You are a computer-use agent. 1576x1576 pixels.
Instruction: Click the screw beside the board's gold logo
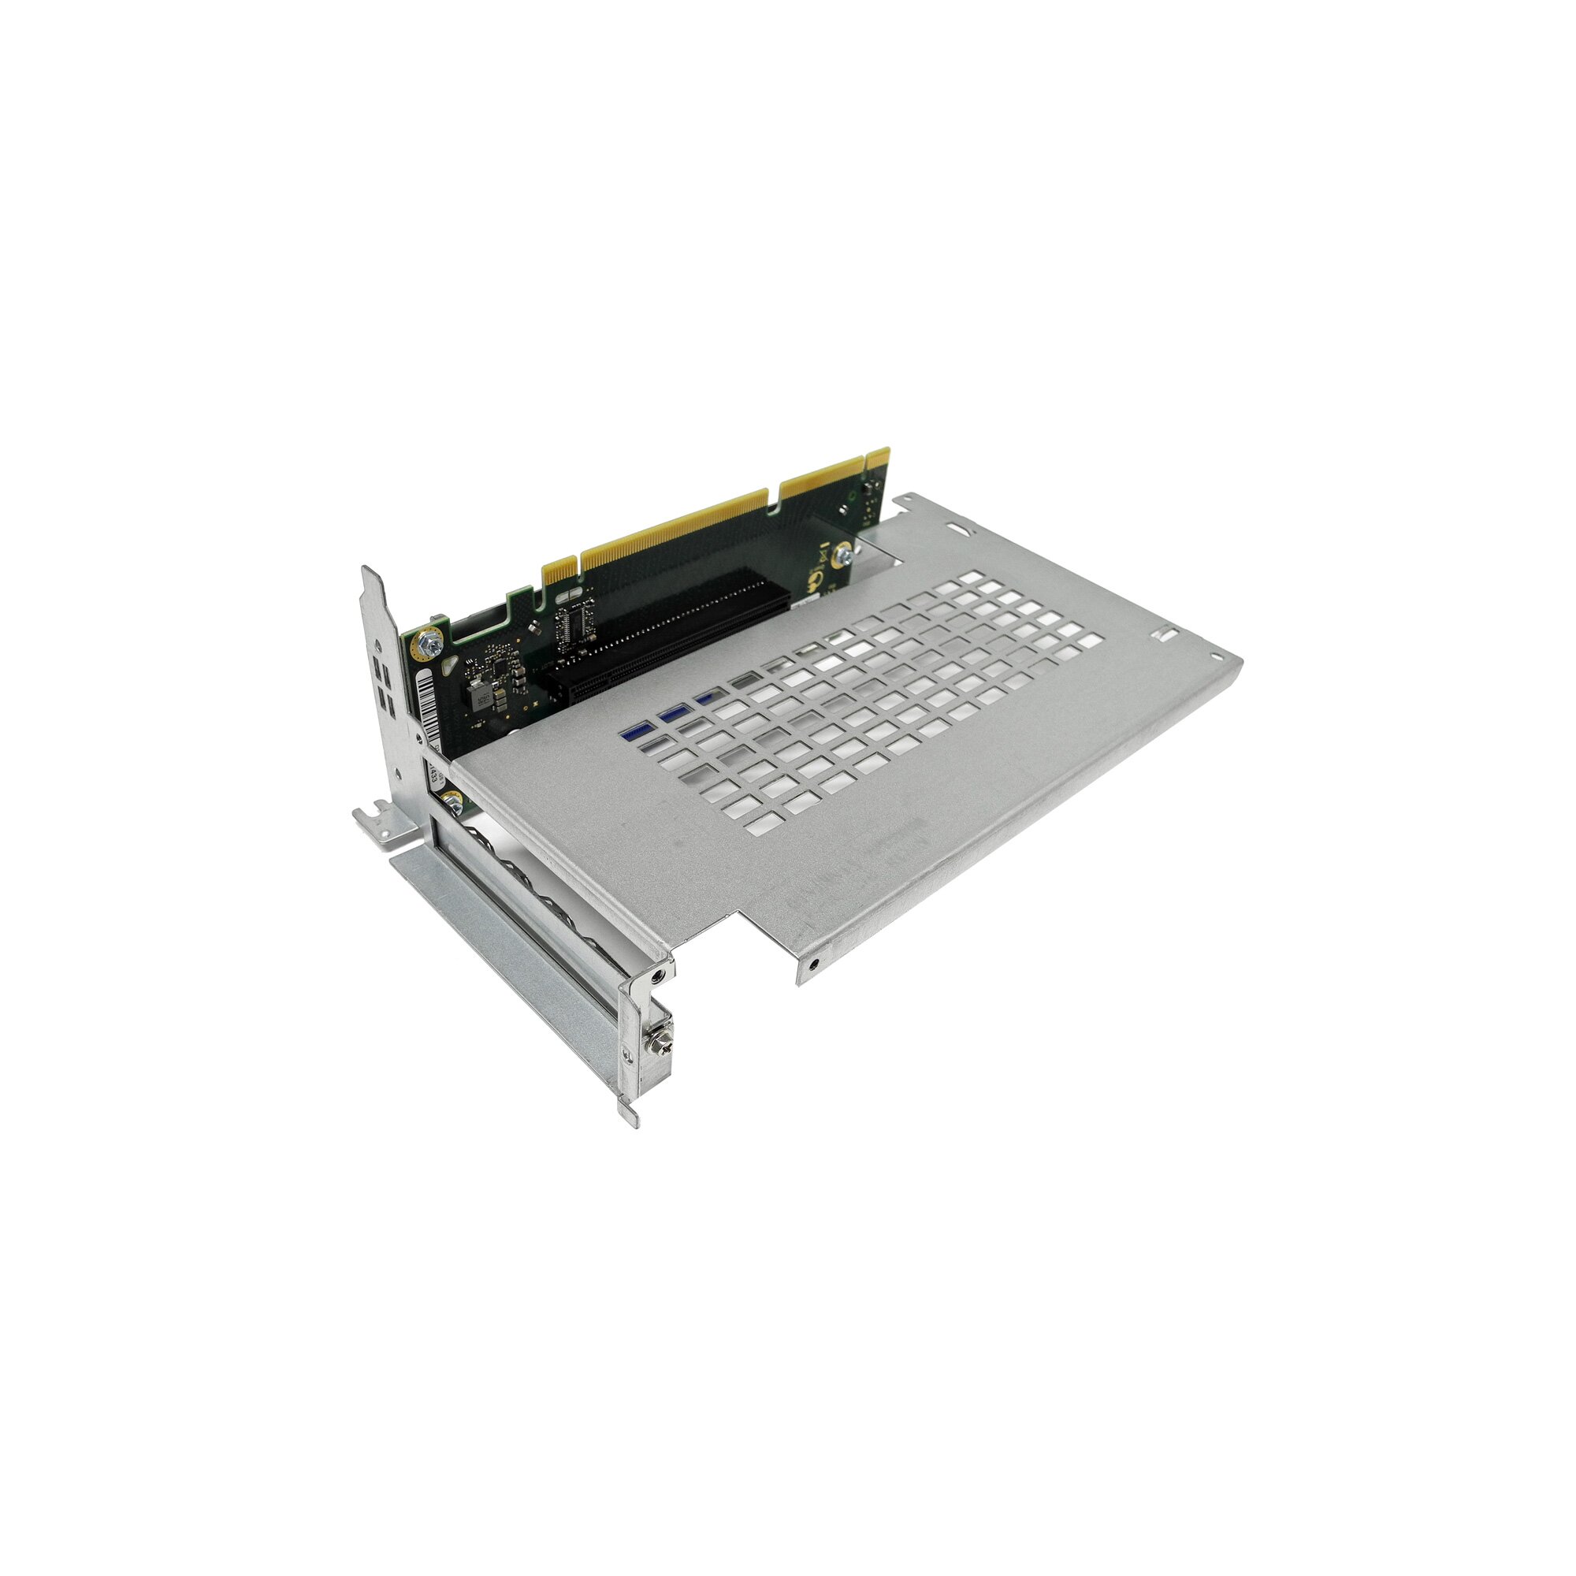click(x=847, y=554)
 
